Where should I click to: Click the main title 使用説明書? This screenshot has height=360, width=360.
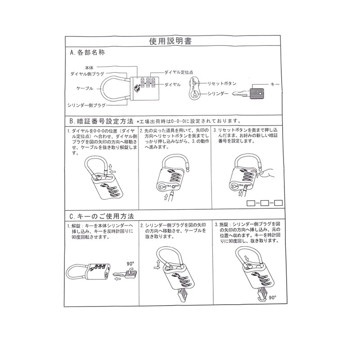[171, 41]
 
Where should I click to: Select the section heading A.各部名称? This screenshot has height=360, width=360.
[87, 53]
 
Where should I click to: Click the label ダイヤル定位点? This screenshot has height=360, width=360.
[179, 72]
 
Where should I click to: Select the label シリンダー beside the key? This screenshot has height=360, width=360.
[220, 94]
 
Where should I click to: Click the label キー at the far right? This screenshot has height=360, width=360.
[276, 84]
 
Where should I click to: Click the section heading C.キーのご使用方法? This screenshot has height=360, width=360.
[102, 216]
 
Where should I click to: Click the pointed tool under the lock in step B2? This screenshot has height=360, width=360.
[169, 197]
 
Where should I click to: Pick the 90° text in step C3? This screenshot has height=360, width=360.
[272, 297]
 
